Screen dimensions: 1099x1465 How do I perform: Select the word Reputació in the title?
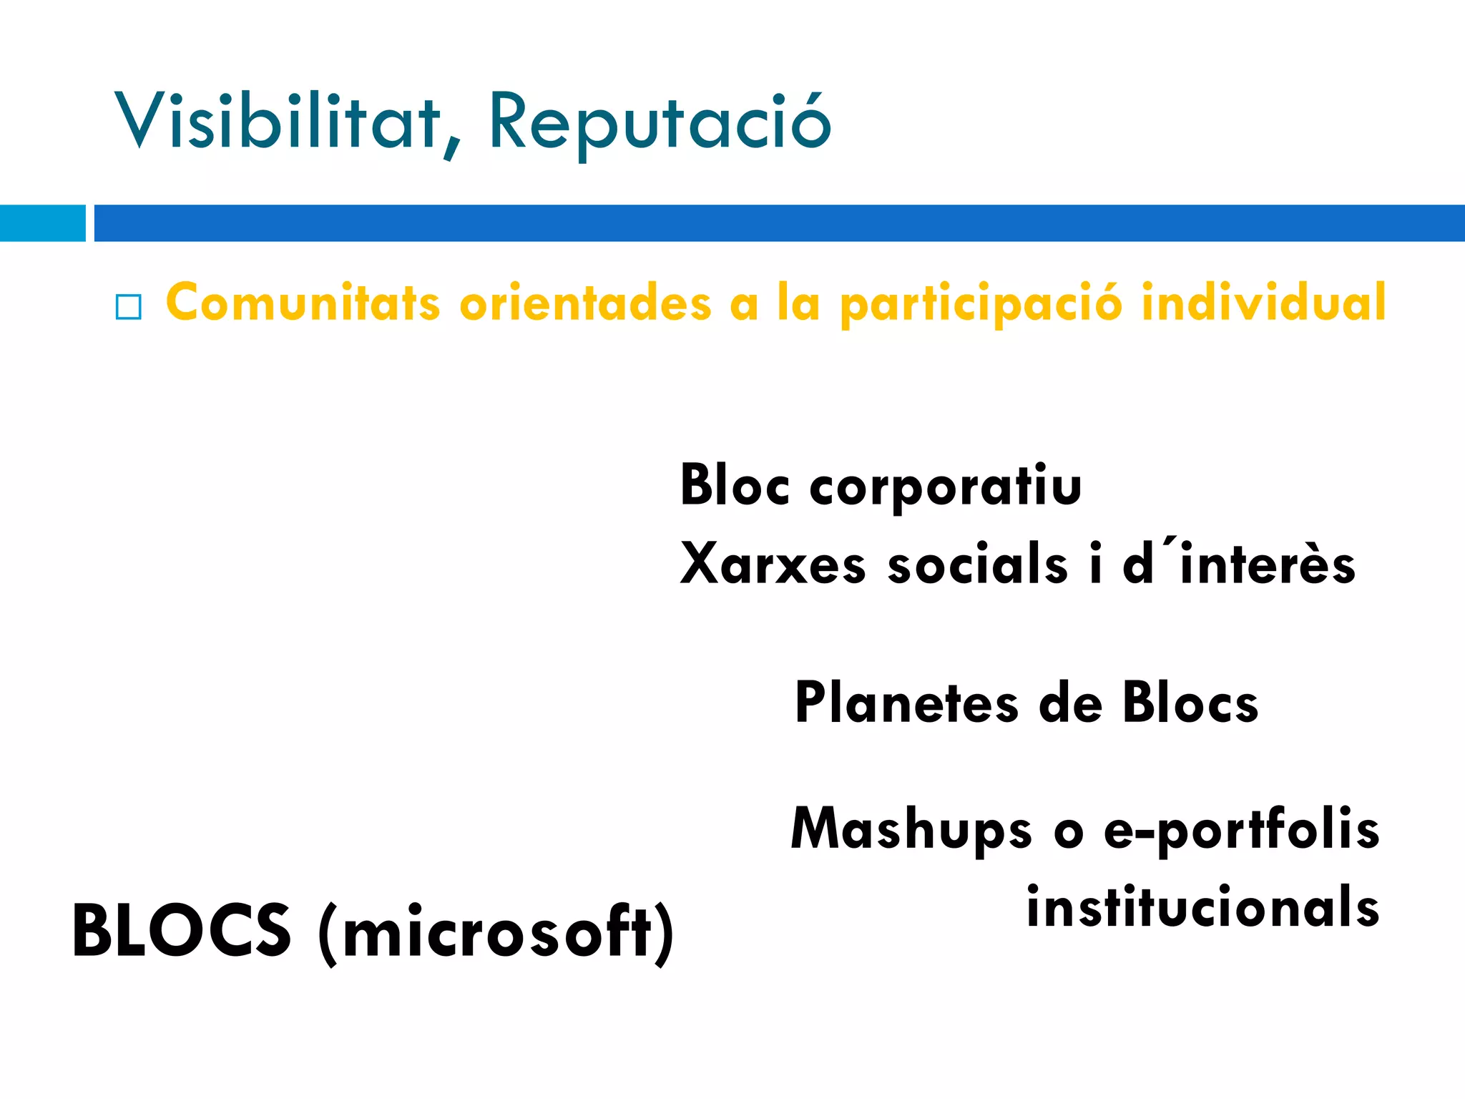click(659, 123)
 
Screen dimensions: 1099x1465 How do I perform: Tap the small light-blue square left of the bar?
click(42, 223)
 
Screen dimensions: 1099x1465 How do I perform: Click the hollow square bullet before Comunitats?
click(129, 307)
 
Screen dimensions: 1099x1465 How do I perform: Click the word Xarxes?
click(773, 564)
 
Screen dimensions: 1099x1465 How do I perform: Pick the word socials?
click(977, 564)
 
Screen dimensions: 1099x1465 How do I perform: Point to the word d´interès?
click(1238, 564)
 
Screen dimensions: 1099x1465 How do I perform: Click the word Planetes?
click(906, 704)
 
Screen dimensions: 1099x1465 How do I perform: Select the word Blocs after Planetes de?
click(1190, 704)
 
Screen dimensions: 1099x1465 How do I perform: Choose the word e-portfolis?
click(1241, 830)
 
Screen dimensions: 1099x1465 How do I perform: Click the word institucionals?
click(1202, 907)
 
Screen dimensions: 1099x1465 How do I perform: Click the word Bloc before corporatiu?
click(735, 487)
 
